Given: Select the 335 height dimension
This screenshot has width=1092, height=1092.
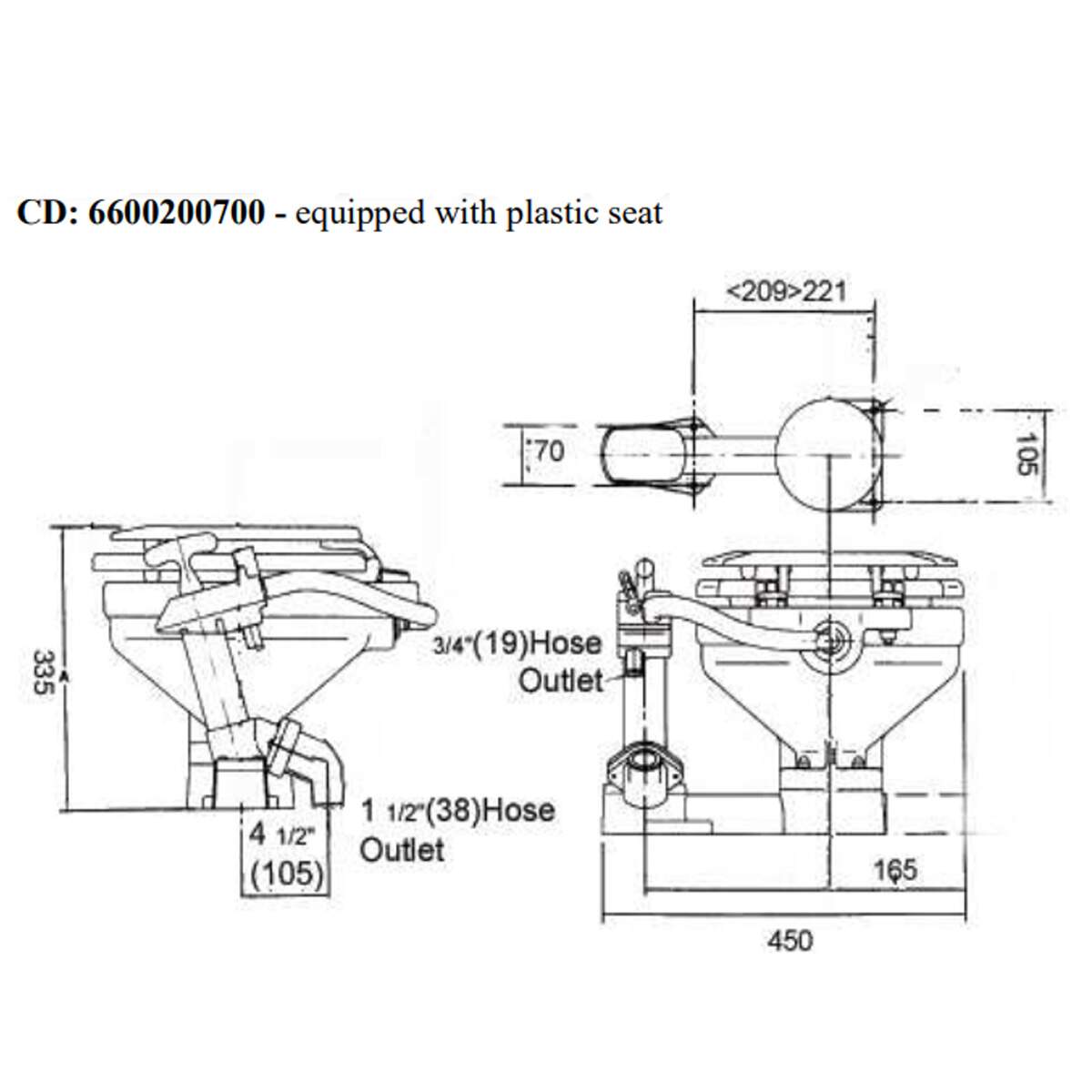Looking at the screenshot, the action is [x=43, y=672].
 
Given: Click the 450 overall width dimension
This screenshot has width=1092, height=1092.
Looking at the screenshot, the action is [x=790, y=940].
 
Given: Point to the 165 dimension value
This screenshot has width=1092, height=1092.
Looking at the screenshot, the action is [x=895, y=870].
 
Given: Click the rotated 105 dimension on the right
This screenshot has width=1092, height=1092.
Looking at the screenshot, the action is [x=1025, y=454].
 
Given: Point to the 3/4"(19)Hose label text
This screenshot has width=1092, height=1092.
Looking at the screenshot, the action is [x=517, y=644].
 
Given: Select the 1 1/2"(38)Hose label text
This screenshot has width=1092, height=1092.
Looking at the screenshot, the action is [x=458, y=811].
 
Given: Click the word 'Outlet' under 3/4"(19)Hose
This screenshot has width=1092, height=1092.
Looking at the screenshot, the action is [x=561, y=681].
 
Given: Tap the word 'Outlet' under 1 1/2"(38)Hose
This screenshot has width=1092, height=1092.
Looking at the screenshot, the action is [x=402, y=851].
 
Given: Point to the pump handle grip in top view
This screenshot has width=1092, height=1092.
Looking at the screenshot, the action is [x=642, y=453].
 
